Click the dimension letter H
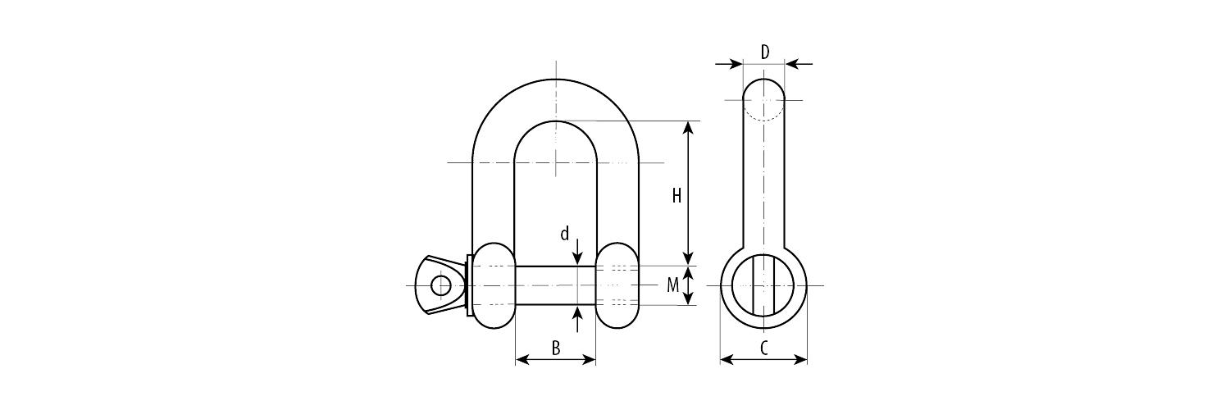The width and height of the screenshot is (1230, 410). tap(676, 195)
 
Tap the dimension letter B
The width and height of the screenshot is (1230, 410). tap(556, 348)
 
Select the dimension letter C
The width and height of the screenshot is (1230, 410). tap(763, 348)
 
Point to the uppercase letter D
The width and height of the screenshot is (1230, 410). tap(765, 52)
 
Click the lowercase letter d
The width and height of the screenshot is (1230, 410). tap(564, 235)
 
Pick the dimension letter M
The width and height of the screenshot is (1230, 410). tap(672, 285)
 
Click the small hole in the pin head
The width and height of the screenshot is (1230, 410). tap(440, 285)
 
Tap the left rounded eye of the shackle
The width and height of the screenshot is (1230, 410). tap(494, 285)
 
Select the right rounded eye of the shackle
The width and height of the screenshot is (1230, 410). tap(618, 285)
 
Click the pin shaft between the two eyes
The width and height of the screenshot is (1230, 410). tap(556, 285)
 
